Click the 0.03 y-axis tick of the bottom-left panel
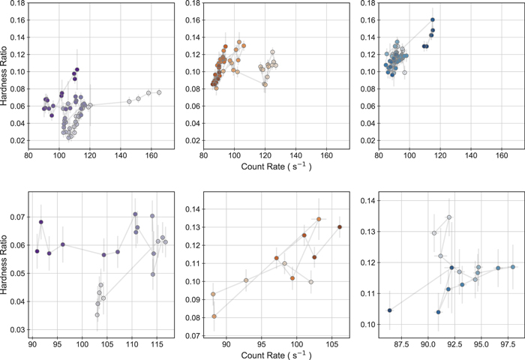[x=15, y=329]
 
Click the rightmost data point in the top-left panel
[x=159, y=92]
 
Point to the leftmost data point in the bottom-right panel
[x=389, y=310]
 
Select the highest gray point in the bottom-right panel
[x=449, y=217]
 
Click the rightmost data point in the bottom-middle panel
[x=340, y=226]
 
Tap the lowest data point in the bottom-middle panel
[x=214, y=316]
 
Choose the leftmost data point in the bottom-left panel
[x=37, y=250]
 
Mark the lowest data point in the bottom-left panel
[x=97, y=315]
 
